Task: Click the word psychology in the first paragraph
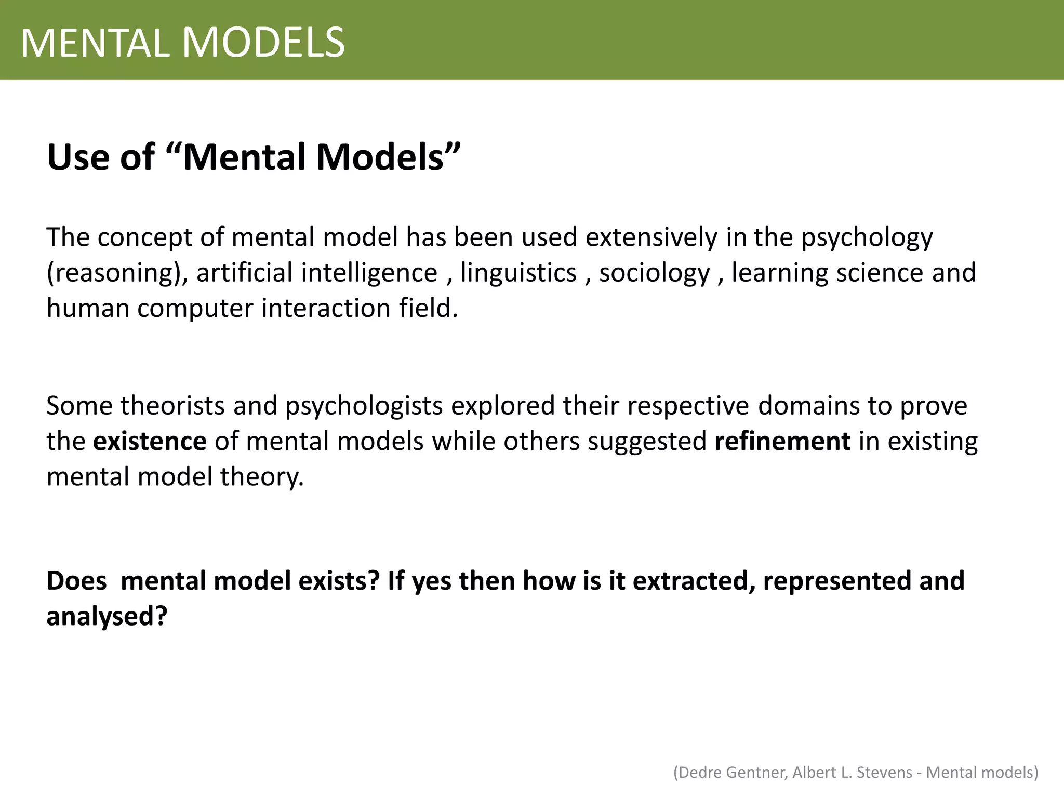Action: [x=867, y=238]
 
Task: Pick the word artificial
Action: [x=244, y=272]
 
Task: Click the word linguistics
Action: [x=518, y=273]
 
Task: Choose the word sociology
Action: [x=654, y=273]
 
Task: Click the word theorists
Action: [x=172, y=406]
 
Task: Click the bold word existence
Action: [x=150, y=441]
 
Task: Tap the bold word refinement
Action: [x=782, y=441]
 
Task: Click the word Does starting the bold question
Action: [x=76, y=581]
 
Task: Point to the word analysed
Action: [x=107, y=617]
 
